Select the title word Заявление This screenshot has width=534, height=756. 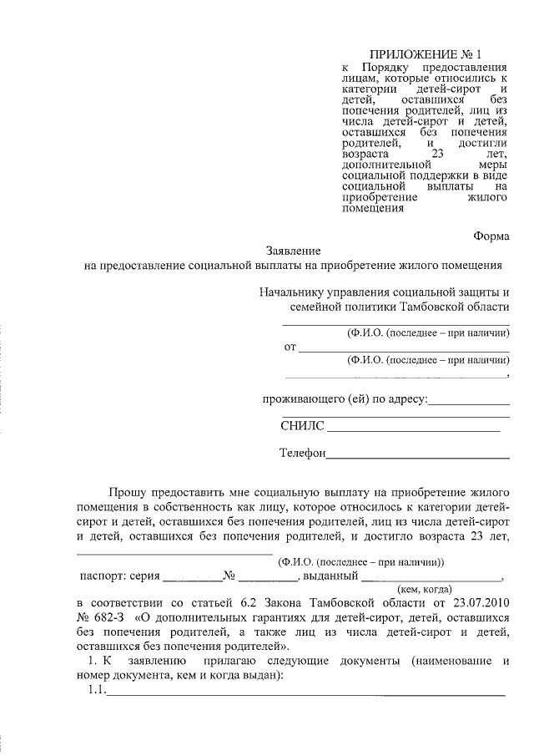(x=293, y=251)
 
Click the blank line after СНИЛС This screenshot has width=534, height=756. (x=413, y=430)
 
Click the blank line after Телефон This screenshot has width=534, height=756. (x=417, y=458)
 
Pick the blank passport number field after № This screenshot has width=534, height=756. (x=269, y=579)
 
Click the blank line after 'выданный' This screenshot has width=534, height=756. (x=431, y=579)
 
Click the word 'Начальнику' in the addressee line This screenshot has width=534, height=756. (x=291, y=292)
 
